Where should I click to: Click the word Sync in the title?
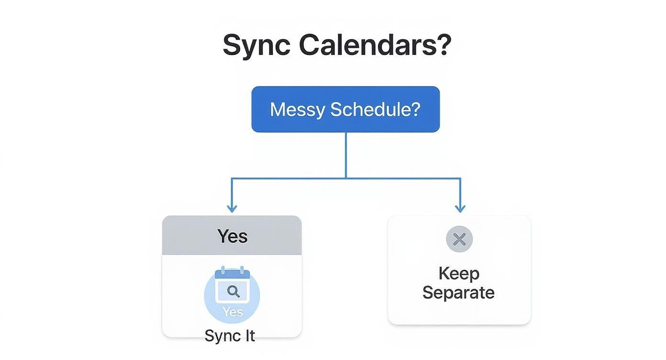[x=256, y=45]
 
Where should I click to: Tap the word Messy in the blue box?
[x=298, y=109]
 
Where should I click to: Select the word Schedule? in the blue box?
[x=375, y=109]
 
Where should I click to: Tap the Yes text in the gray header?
[x=233, y=236]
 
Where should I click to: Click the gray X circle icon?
[x=459, y=239]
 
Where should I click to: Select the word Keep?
[x=459, y=273]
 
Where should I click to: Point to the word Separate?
[x=458, y=292]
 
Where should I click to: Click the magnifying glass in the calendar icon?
[x=233, y=291]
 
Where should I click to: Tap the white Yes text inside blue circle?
[x=233, y=312]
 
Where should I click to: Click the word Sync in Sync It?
[x=222, y=336]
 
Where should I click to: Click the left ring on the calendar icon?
[x=223, y=270]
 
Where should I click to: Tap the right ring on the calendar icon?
[x=242, y=270]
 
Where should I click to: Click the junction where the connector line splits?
[x=346, y=178]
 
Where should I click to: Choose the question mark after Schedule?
[x=415, y=109]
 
